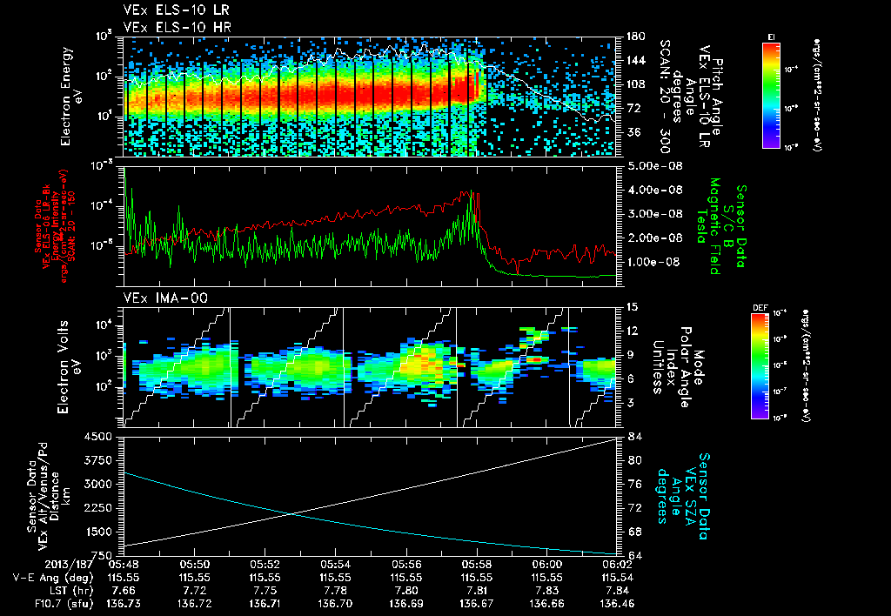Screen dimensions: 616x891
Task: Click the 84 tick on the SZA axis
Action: [633, 437]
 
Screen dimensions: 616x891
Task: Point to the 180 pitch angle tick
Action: [633, 37]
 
